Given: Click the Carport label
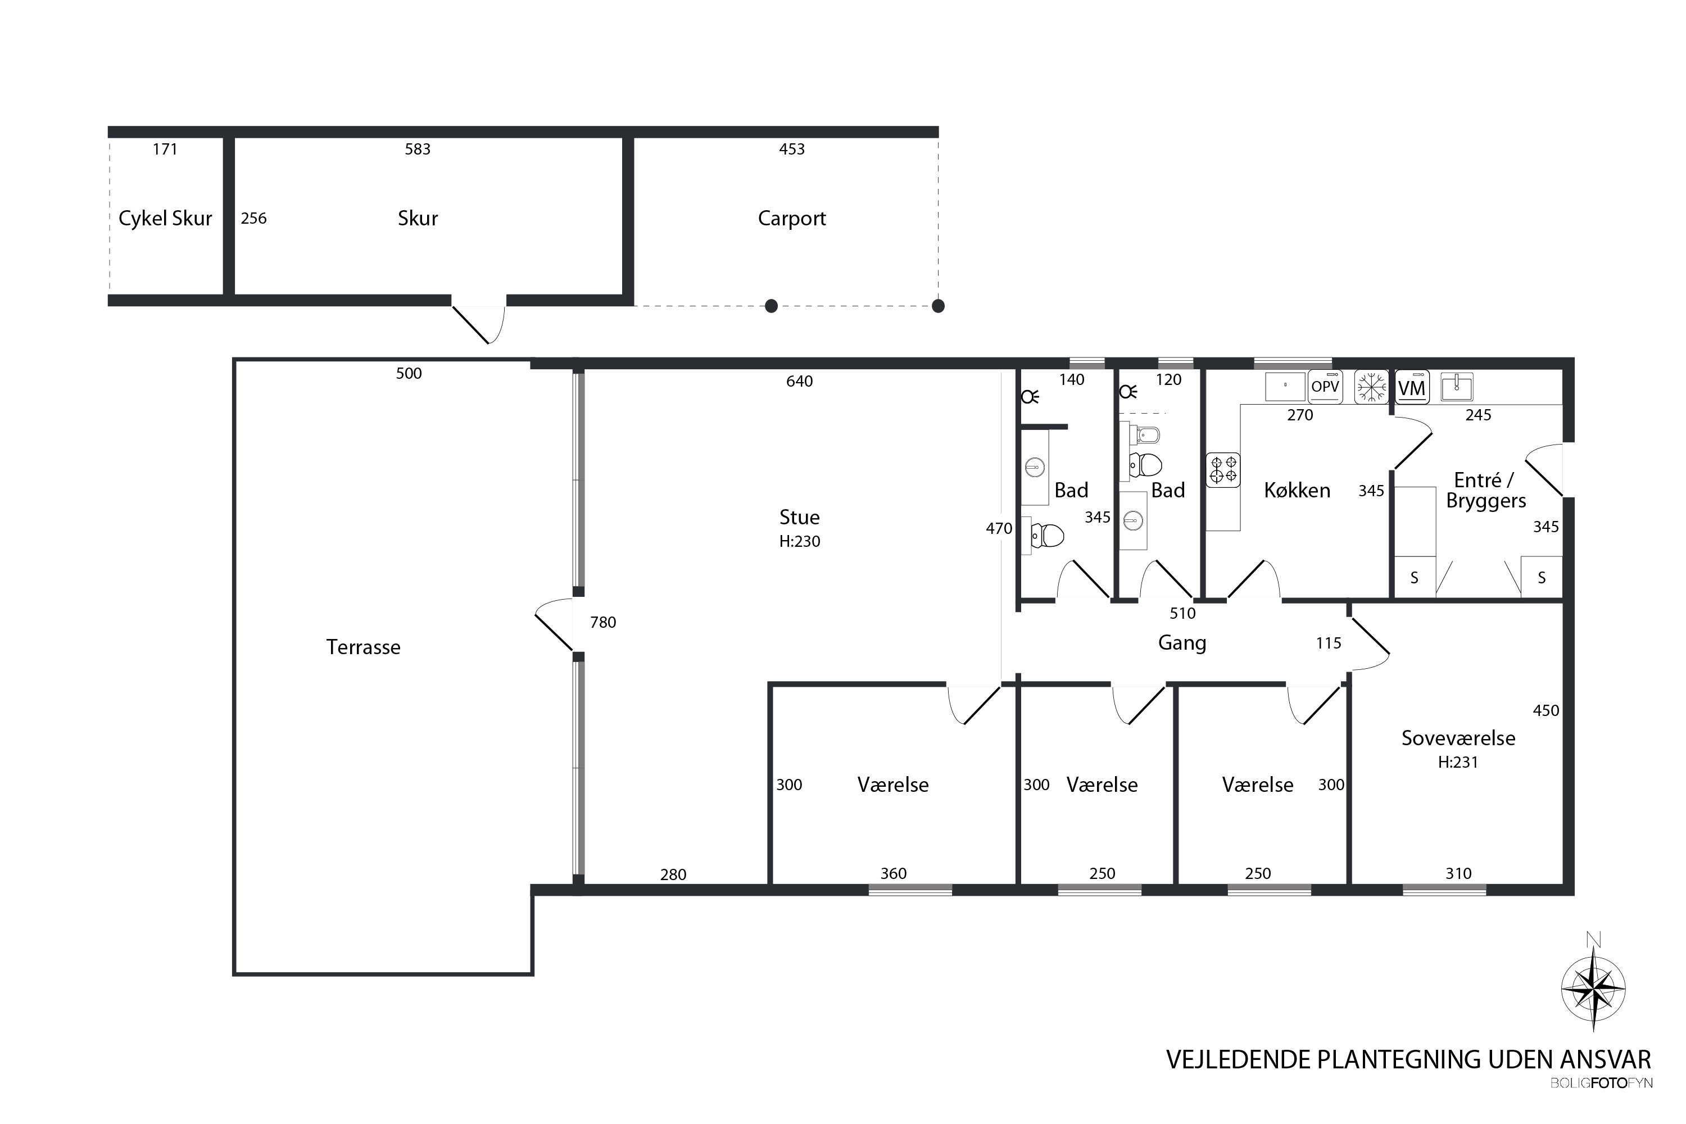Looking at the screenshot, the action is [x=791, y=218].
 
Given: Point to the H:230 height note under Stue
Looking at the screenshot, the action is [x=799, y=541].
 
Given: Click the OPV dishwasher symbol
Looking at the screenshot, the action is [x=1325, y=387].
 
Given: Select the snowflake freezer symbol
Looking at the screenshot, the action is [x=1371, y=387].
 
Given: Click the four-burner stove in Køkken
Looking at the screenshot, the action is [x=1223, y=470].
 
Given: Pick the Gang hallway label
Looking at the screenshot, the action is [x=1182, y=643].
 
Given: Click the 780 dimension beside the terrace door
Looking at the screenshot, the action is [x=603, y=622].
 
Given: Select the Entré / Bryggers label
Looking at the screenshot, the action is [x=1485, y=490].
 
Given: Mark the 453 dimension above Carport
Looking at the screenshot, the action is [x=791, y=149].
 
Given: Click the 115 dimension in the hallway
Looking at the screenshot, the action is [x=1329, y=643].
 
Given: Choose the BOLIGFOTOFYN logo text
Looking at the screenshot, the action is [x=1601, y=1083].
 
